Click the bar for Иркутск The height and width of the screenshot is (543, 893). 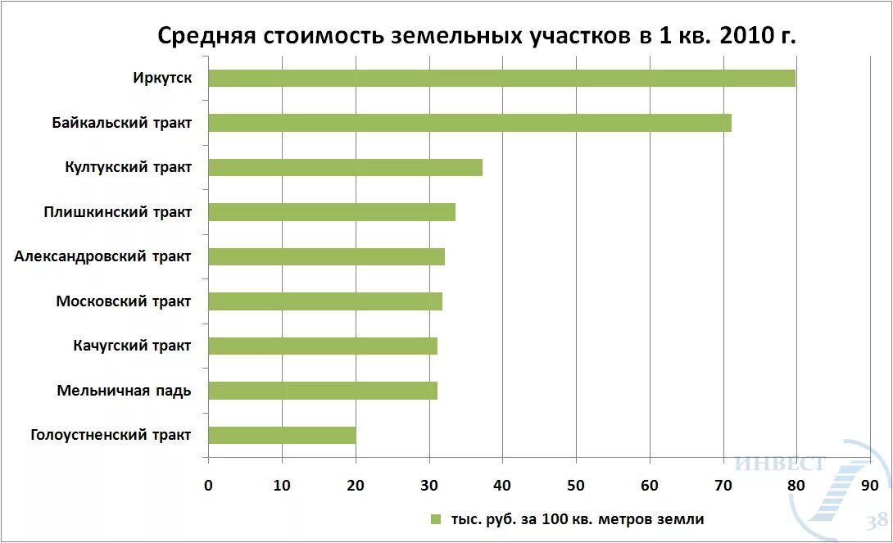click(x=501, y=79)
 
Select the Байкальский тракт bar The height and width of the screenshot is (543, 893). click(x=469, y=123)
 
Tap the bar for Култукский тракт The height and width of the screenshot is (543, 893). click(x=345, y=168)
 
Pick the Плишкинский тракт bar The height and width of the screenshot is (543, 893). click(x=332, y=212)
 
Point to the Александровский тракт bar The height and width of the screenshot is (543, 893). click(x=326, y=256)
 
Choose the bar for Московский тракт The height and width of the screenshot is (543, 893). click(x=325, y=301)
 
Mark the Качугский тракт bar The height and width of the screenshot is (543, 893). click(x=323, y=346)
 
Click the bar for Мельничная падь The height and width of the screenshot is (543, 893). click(x=323, y=391)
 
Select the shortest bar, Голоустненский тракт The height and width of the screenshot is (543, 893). click(x=282, y=435)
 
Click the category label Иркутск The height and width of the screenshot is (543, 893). click(x=162, y=79)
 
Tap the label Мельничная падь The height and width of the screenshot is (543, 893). click(x=124, y=391)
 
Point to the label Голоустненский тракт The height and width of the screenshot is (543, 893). click(x=111, y=435)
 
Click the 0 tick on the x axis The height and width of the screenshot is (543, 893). click(x=208, y=484)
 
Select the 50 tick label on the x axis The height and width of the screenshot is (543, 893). click(x=576, y=484)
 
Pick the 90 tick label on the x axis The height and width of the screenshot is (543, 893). click(x=870, y=484)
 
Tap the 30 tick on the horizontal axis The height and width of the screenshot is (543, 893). click(x=429, y=484)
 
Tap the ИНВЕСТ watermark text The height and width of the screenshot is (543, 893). click(x=781, y=464)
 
